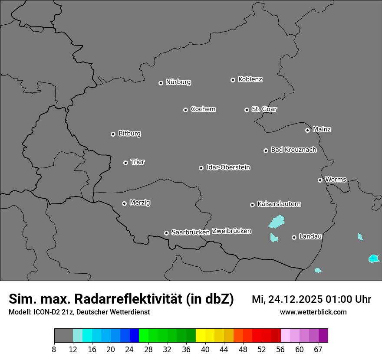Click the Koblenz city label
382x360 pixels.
[x=250, y=79]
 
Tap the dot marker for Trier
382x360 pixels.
[x=125, y=163]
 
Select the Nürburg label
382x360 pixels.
[x=178, y=82]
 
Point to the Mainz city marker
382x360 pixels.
[x=307, y=130]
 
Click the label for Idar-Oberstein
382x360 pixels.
[x=228, y=167]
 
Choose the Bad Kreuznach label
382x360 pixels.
[x=293, y=150]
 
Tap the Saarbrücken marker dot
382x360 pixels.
[x=166, y=233]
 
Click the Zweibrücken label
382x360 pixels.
[x=231, y=231]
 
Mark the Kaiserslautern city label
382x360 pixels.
[x=279, y=204]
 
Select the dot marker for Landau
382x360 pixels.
[x=294, y=237]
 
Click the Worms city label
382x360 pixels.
[x=336, y=180]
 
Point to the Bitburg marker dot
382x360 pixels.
[x=113, y=134]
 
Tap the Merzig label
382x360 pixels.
[x=140, y=203]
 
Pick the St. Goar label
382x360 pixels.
[x=264, y=109]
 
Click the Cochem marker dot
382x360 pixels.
[x=185, y=110]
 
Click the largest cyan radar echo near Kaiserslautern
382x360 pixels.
[x=276, y=222]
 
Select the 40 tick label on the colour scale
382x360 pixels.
[x=205, y=349]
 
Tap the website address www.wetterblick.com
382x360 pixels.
[x=313, y=312]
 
